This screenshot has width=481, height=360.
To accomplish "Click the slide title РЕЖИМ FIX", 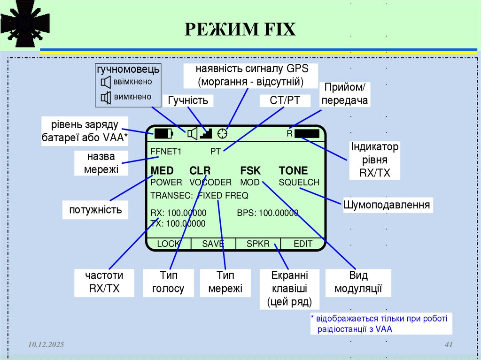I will pyautogui.click(x=240, y=30).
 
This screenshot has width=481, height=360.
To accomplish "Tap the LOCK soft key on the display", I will pyautogui.click(x=168, y=244).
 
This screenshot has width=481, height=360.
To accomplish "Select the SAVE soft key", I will pyautogui.click(x=213, y=244).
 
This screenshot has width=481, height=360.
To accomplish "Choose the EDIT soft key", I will pyautogui.click(x=303, y=244).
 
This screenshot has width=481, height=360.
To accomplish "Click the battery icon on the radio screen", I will pyautogui.click(x=163, y=134).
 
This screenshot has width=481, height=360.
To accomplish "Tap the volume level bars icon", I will pyautogui.click(x=206, y=134).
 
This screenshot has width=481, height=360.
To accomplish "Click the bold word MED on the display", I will pyautogui.click(x=162, y=170).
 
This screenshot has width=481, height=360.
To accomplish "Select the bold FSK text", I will pyautogui.click(x=250, y=170).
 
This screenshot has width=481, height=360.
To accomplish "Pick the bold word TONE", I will pyautogui.click(x=293, y=170).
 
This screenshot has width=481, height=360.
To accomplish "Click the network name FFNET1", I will pyautogui.click(x=165, y=152).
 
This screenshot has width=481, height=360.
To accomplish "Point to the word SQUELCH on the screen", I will pyautogui.click(x=299, y=182).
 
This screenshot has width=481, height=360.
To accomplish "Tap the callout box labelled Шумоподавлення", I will pyautogui.click(x=387, y=205).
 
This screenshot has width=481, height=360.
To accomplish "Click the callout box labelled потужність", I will pyautogui.click(x=95, y=209).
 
